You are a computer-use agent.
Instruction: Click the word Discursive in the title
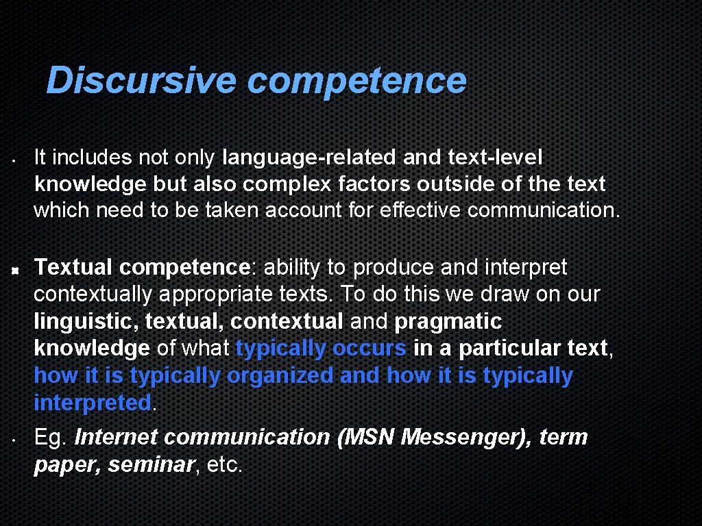pyautogui.click(x=141, y=81)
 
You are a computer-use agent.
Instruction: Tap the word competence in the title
pyautogui.click(x=356, y=81)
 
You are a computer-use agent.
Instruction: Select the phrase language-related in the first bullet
pyautogui.click(x=310, y=158)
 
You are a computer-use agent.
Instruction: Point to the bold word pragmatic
pyautogui.click(x=448, y=321)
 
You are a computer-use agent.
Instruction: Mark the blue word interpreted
pyautogui.click(x=92, y=403)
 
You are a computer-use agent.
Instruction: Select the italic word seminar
pyautogui.click(x=150, y=464)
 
